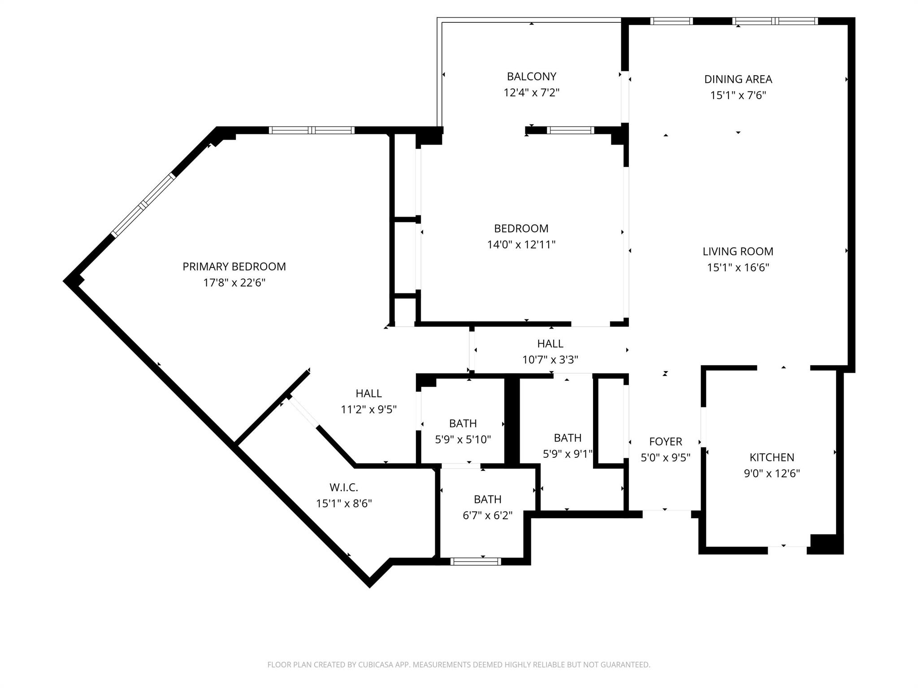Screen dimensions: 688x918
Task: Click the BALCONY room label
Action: pyautogui.click(x=531, y=76)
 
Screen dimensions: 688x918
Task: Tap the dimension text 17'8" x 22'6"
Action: pyautogui.click(x=234, y=283)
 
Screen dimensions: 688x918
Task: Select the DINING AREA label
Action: pyautogui.click(x=738, y=79)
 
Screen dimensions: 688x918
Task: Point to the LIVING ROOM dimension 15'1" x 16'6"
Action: pyautogui.click(x=738, y=267)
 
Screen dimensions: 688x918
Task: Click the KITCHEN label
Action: pyautogui.click(x=771, y=457)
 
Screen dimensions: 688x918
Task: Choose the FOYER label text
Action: pyautogui.click(x=665, y=442)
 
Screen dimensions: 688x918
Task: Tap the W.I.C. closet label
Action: pyautogui.click(x=344, y=487)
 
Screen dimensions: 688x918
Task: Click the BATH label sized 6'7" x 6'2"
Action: pyautogui.click(x=487, y=499)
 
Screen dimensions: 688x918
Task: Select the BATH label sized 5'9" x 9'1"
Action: pyautogui.click(x=567, y=438)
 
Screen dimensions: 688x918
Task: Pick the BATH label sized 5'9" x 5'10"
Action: pyautogui.click(x=463, y=424)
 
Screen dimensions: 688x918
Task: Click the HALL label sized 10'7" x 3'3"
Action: pyautogui.click(x=550, y=344)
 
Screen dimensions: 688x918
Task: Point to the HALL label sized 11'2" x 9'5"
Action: pyautogui.click(x=368, y=394)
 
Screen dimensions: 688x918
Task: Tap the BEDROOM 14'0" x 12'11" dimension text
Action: pyautogui.click(x=521, y=245)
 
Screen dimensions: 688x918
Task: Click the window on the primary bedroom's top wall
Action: pyautogui.click(x=312, y=130)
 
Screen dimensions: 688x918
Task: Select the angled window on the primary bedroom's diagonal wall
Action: pyautogui.click(x=143, y=205)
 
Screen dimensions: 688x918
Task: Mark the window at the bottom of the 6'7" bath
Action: pyautogui.click(x=476, y=561)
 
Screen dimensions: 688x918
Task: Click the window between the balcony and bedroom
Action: pyautogui.click(x=570, y=130)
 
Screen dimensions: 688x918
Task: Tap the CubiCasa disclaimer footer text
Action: pyautogui.click(x=459, y=665)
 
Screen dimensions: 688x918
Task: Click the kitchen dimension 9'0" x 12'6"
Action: pyautogui.click(x=771, y=473)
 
